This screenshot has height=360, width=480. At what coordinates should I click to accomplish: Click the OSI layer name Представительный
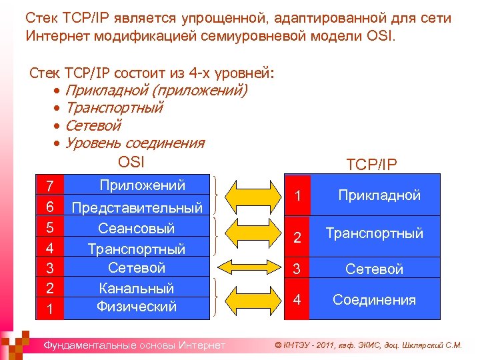coord(137,208)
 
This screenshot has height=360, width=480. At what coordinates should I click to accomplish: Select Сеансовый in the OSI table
coord(136,228)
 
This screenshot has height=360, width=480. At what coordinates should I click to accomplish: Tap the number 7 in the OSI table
coord(50,185)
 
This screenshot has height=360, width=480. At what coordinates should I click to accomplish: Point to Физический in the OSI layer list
coord(136,307)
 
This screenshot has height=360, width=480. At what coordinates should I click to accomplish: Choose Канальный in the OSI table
coord(136,288)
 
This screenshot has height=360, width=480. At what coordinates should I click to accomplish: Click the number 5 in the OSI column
coord(50,227)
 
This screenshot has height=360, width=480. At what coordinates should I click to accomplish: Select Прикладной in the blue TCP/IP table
coord(379,195)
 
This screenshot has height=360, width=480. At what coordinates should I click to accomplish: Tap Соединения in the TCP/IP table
coord(374,300)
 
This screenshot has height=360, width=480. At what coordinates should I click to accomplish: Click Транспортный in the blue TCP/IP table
coord(374,233)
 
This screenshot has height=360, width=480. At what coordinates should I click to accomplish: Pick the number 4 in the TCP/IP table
coord(298,300)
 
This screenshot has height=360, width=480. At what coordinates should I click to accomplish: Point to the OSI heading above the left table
coord(131,161)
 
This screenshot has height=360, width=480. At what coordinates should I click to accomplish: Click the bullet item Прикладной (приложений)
coord(156,90)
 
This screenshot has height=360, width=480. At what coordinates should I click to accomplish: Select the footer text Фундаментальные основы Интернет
coord(134,345)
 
